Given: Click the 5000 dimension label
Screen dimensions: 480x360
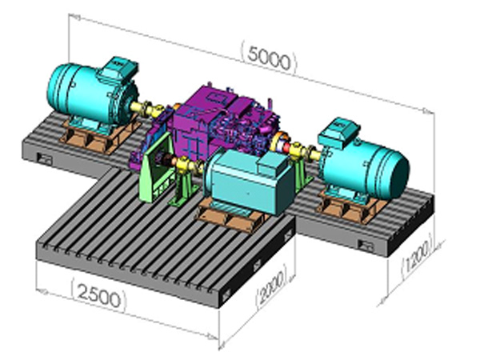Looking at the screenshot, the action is point(269,58).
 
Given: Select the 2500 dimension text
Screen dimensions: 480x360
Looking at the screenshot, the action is point(99,295).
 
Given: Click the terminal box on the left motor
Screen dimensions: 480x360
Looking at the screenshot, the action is point(118,69).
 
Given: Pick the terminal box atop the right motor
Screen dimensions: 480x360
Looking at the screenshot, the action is point(338,130).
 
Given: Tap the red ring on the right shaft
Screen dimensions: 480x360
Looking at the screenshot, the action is point(286,148).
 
